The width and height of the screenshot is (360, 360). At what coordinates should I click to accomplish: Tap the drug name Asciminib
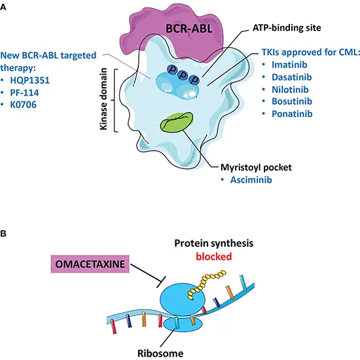[x=251, y=179]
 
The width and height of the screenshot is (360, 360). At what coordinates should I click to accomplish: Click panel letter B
[x=5, y=232]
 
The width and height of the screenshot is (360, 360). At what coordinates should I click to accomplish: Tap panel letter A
[x=5, y=6]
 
